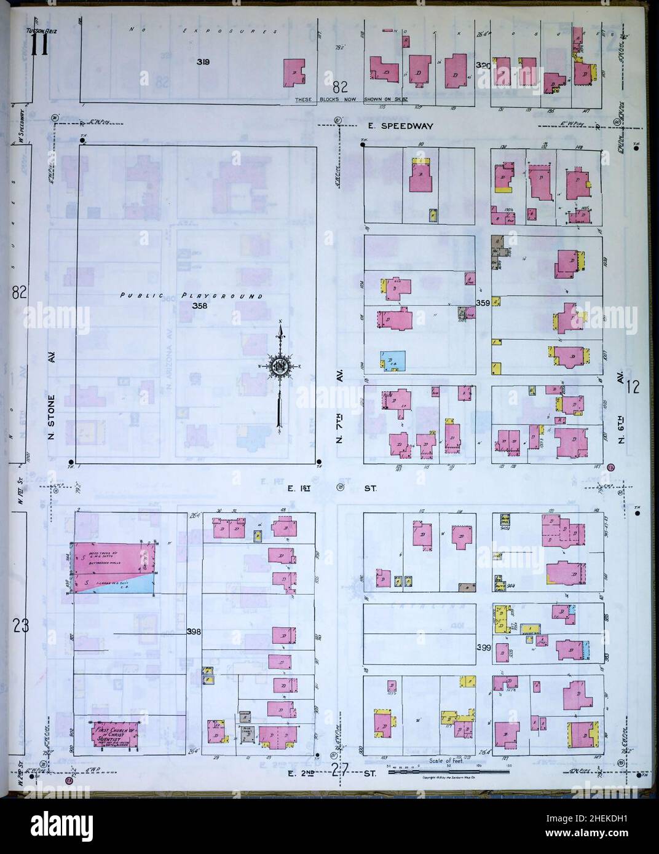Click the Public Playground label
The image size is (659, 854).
(x=191, y=296)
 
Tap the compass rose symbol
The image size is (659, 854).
(x=280, y=368)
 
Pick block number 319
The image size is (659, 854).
(x=203, y=61)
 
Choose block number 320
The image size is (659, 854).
(x=484, y=65)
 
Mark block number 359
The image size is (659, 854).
(x=483, y=302)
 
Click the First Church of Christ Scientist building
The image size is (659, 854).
(x=115, y=732)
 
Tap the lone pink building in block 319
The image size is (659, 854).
(x=294, y=73)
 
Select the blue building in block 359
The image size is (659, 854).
(x=392, y=361)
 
